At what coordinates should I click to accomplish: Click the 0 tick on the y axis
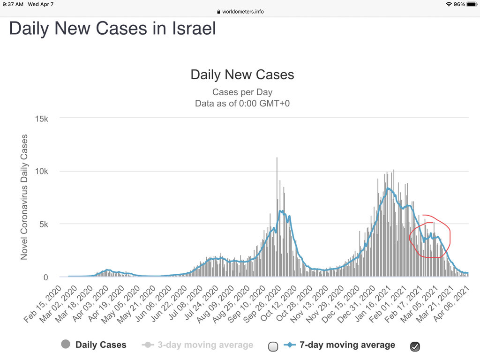45,277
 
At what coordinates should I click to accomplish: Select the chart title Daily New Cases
242,75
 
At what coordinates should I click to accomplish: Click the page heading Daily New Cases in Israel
112,28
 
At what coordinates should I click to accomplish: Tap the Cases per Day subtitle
242,92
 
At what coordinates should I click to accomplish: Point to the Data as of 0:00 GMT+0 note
242,103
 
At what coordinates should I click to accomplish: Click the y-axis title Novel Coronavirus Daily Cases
24,197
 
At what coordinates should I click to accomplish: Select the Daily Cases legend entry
94,345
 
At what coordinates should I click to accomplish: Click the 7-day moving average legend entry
340,345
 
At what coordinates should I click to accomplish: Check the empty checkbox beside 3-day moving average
273,346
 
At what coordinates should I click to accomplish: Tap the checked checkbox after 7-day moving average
415,346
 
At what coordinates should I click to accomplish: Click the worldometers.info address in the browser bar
243,12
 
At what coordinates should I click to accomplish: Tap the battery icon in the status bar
471,4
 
